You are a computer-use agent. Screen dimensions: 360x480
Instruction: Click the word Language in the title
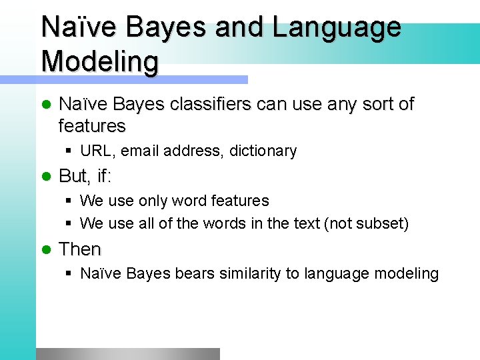click(x=337, y=28)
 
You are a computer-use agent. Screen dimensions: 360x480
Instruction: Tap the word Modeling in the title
click(x=100, y=61)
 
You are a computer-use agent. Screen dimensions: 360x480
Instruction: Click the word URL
click(x=97, y=151)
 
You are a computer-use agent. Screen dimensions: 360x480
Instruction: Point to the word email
click(x=141, y=151)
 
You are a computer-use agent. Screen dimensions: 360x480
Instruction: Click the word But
click(x=73, y=176)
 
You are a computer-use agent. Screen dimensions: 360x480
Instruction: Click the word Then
click(x=80, y=249)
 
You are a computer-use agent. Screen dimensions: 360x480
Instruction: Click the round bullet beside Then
click(x=47, y=250)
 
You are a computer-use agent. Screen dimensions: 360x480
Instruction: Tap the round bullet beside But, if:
click(x=47, y=177)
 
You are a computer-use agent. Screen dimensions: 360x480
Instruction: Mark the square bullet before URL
click(x=69, y=151)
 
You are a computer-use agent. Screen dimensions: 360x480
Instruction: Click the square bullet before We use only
click(x=69, y=201)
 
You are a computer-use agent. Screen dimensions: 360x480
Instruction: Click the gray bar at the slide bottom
click(x=127, y=354)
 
